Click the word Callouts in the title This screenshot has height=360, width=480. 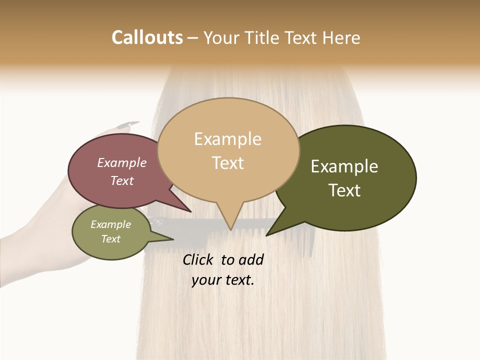(147, 37)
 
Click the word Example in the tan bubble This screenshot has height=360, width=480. (227, 139)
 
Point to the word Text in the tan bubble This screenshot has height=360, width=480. (228, 163)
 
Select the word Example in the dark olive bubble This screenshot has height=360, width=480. (344, 166)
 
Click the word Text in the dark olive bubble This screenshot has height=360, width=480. (344, 190)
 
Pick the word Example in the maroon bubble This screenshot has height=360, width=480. (122, 162)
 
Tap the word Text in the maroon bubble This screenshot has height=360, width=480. (122, 180)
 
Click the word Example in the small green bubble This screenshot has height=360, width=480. (111, 224)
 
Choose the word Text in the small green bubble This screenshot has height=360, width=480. (111, 239)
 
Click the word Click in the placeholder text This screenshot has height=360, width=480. (198, 259)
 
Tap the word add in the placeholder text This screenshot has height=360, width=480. (251, 259)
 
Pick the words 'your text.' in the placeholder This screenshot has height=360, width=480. (223, 280)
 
